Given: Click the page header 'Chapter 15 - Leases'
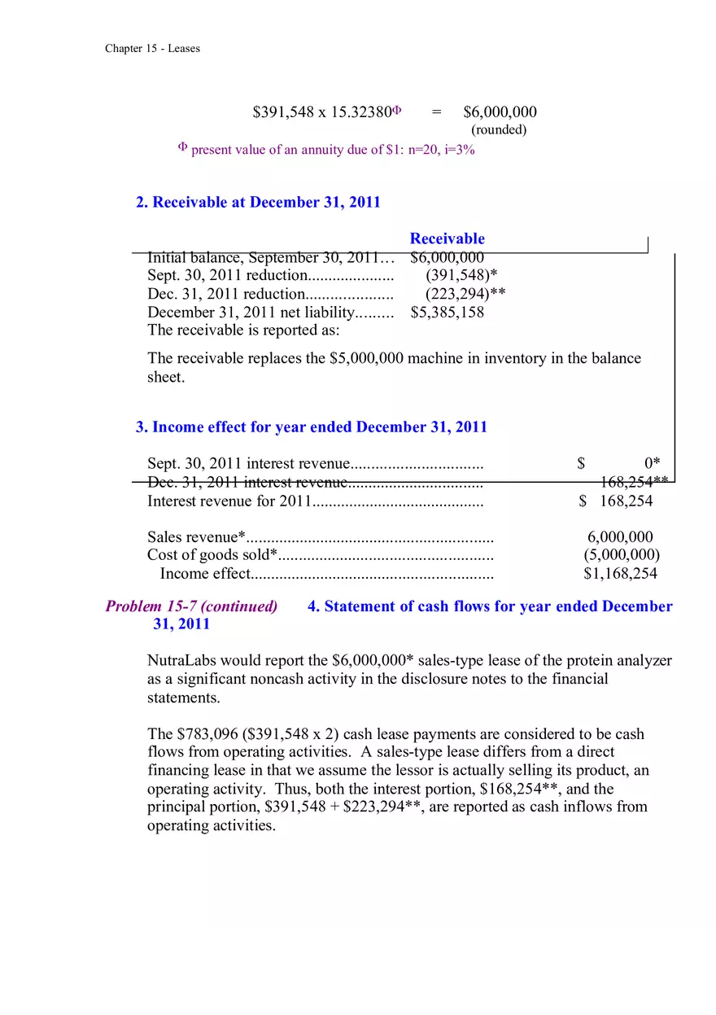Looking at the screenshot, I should coord(152,49).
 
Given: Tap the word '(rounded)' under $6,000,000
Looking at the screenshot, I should coord(499,129).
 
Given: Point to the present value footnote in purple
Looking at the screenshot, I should coord(326,150).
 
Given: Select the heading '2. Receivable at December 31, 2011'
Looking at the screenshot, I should coord(258,202).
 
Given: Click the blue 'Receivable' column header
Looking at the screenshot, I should coord(447,238).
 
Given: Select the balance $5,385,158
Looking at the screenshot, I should coord(447,313).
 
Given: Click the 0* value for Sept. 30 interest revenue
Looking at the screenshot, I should coord(652,464).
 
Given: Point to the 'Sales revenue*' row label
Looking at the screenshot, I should coord(196,537).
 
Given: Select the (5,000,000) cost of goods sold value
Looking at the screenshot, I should coord(622,555).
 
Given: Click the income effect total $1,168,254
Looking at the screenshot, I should coord(620,573).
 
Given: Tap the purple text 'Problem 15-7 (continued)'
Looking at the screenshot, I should coord(191,606).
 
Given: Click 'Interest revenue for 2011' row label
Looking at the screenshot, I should coord(229,501).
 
